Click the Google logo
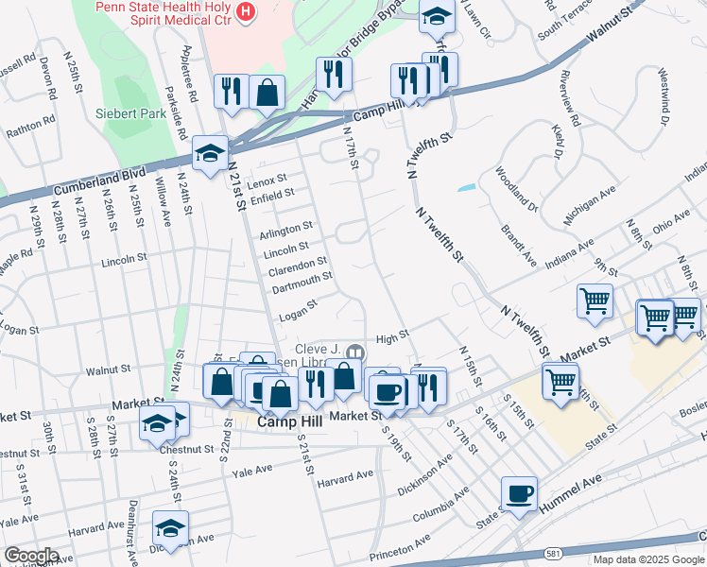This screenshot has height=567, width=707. tap(30, 556)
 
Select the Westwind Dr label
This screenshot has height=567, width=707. tap(664, 95)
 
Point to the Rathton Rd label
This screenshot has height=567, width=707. tap(31, 128)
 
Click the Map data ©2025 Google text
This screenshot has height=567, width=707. tap(648, 559)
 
